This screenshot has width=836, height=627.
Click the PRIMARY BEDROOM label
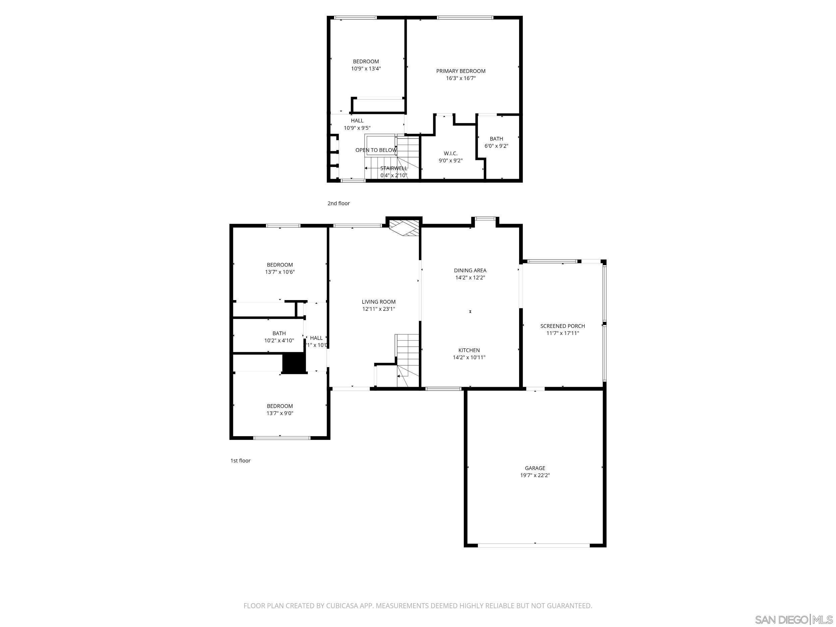pyautogui.click(x=460, y=71)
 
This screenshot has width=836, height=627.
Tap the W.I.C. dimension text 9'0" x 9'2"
pyautogui.click(x=450, y=160)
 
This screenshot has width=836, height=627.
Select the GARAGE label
pyautogui.click(x=535, y=468)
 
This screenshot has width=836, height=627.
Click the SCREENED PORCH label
pyautogui.click(x=562, y=326)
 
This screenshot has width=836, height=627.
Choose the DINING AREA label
pyautogui.click(x=470, y=270)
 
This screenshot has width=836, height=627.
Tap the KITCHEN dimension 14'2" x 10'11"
pyautogui.click(x=469, y=357)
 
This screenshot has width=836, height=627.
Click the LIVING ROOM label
pyautogui.click(x=378, y=301)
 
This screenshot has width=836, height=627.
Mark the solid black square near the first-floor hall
pyautogui.click(x=293, y=363)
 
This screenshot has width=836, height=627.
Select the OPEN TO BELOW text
pyautogui.click(x=376, y=150)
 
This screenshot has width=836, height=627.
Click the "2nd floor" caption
pyautogui.click(x=338, y=203)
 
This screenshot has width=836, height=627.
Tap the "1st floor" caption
pyautogui.click(x=240, y=460)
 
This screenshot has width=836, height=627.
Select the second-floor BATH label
pyautogui.click(x=496, y=139)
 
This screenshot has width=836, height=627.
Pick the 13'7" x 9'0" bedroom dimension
pyautogui.click(x=280, y=413)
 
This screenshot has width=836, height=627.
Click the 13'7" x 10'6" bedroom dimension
pyautogui.click(x=280, y=272)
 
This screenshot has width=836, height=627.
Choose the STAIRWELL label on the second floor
pyautogui.click(x=393, y=168)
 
